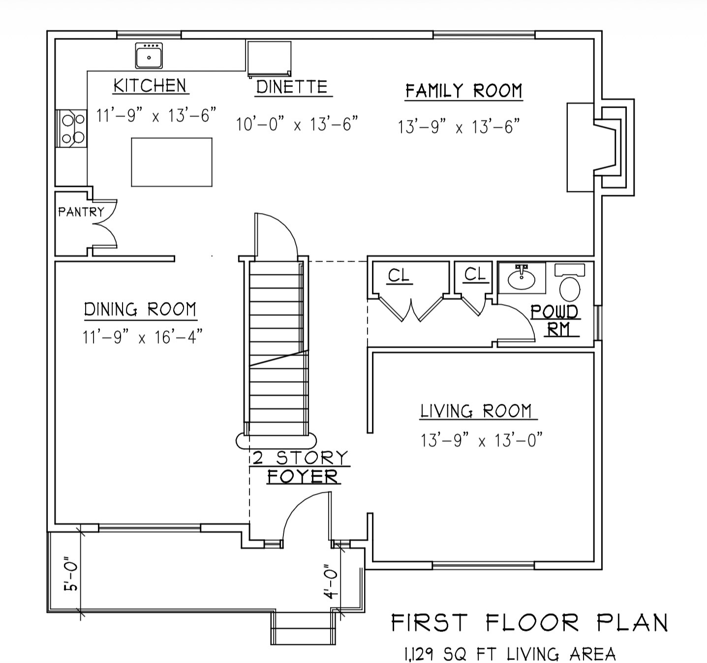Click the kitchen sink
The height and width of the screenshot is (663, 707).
(x=149, y=56)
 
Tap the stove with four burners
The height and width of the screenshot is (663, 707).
(x=71, y=128)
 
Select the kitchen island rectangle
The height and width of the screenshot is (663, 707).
(x=172, y=162)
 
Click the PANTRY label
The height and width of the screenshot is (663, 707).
(x=82, y=212)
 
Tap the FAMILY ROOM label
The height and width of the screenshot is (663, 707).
(x=464, y=91)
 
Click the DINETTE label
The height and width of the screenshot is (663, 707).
(x=292, y=87)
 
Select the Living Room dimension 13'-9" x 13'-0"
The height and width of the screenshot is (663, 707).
(x=482, y=440)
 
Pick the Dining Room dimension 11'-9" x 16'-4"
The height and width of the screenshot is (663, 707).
(x=143, y=336)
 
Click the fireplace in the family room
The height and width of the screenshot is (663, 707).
(x=600, y=148)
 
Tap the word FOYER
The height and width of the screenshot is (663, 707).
(x=303, y=477)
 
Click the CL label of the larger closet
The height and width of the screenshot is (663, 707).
(x=399, y=275)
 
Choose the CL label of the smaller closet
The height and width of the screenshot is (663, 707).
(x=475, y=274)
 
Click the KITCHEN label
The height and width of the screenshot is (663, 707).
(x=150, y=86)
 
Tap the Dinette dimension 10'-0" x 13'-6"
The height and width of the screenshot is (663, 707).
(x=297, y=124)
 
